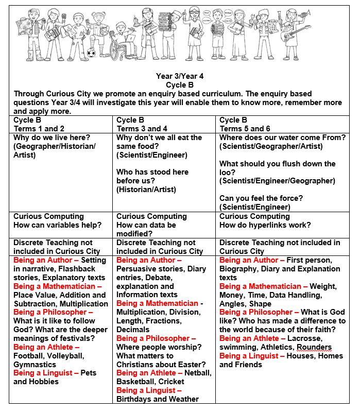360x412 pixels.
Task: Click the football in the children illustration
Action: (92, 53)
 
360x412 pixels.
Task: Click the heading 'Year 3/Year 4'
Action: (180, 76)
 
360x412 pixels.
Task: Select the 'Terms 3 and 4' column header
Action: (142, 129)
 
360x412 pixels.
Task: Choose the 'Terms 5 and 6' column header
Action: (245, 129)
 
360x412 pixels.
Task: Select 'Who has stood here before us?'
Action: (152, 176)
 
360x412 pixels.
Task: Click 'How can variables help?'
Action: (57, 225)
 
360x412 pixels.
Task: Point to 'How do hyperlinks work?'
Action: (265, 225)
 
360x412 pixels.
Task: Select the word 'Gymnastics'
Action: (35, 365)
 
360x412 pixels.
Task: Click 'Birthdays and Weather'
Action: (157, 399)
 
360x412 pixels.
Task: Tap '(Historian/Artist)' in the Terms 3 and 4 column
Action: (146, 190)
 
